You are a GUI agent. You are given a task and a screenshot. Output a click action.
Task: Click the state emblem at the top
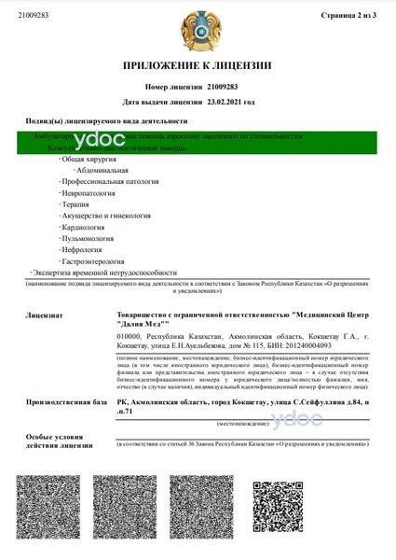pos(198,30)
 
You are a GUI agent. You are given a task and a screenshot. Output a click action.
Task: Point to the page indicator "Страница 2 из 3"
pos(348,16)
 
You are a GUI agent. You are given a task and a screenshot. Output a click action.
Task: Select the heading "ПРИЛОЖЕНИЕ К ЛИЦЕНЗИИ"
pos(197,65)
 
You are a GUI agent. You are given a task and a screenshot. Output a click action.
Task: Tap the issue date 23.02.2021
pos(225,101)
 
